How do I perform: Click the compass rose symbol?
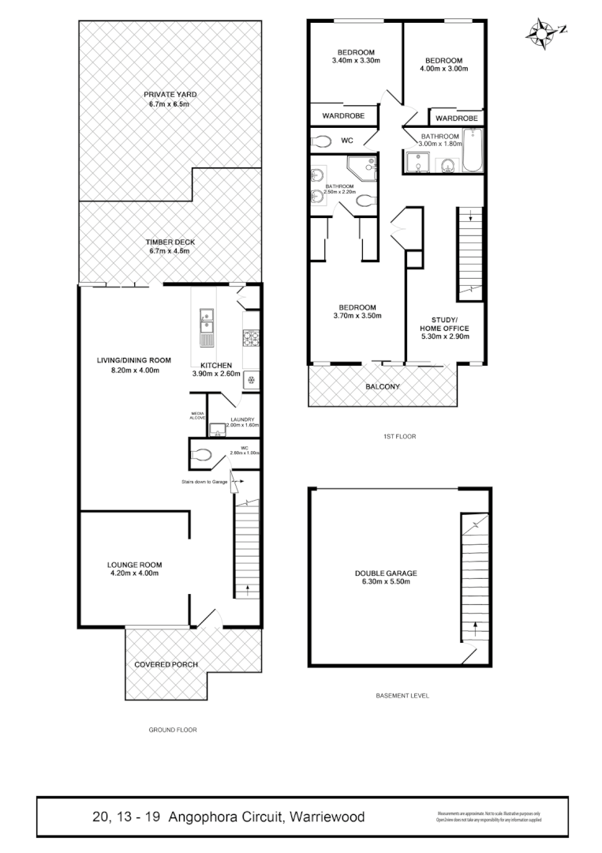pyautogui.click(x=542, y=32)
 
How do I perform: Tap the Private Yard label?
pyautogui.click(x=170, y=94)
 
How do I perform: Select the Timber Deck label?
pyautogui.click(x=170, y=242)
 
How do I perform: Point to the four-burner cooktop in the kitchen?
pyautogui.click(x=252, y=340)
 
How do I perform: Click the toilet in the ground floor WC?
pyautogui.click(x=202, y=455)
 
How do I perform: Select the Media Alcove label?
pyautogui.click(x=197, y=415)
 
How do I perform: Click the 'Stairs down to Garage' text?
pyautogui.click(x=204, y=481)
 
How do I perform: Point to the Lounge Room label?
pyautogui.click(x=135, y=565)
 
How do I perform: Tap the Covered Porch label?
pyautogui.click(x=166, y=664)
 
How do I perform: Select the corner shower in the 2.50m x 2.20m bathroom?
pyautogui.click(x=365, y=168)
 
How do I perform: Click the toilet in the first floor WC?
pyautogui.click(x=320, y=141)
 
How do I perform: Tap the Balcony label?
pyautogui.click(x=383, y=387)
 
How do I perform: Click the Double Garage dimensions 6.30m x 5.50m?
pyautogui.click(x=386, y=583)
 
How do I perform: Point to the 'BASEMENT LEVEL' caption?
pyautogui.click(x=402, y=696)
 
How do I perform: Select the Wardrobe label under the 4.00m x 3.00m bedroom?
pyautogui.click(x=457, y=118)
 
